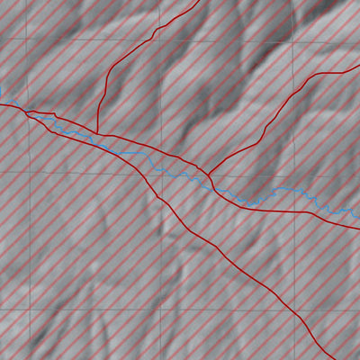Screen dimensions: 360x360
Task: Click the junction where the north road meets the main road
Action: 97,135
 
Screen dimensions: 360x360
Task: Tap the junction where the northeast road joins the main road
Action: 209,175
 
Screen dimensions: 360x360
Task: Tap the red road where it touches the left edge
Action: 1,104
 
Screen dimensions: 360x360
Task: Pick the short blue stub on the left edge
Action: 1,92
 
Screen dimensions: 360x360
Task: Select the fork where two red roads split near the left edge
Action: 27,112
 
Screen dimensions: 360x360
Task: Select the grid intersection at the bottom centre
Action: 160,308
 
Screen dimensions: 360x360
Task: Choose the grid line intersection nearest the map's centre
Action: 161,174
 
